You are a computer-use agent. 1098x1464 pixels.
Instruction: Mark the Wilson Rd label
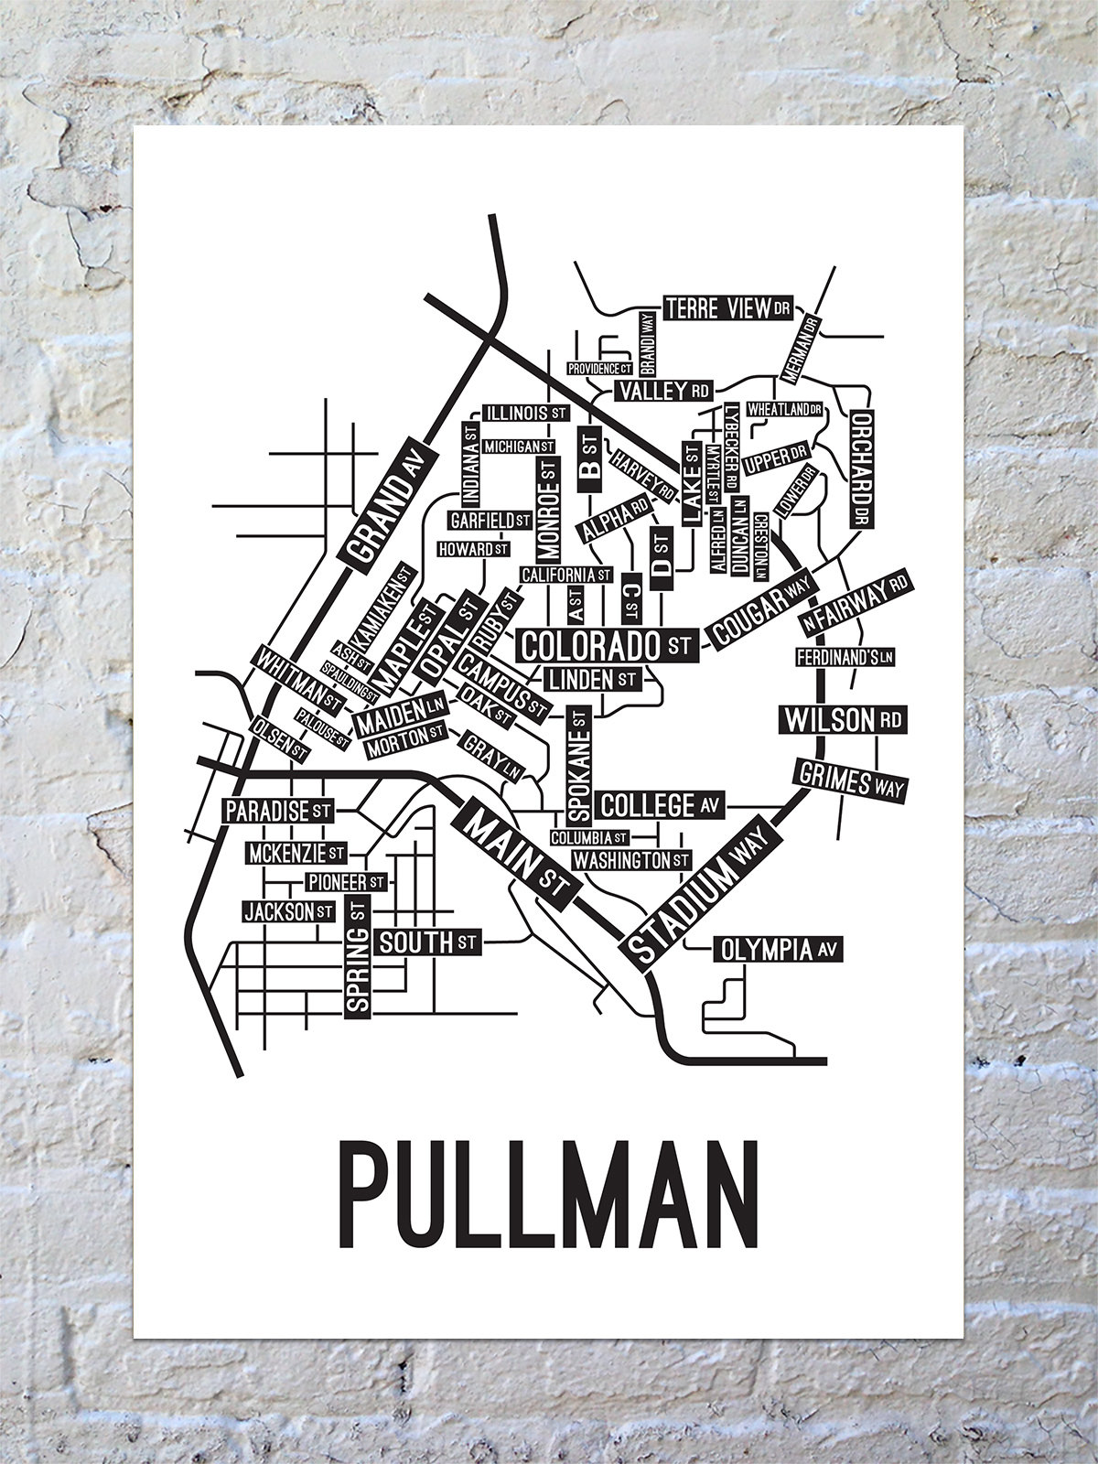[x=841, y=720]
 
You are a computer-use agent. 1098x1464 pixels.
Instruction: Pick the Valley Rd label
[x=663, y=392]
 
